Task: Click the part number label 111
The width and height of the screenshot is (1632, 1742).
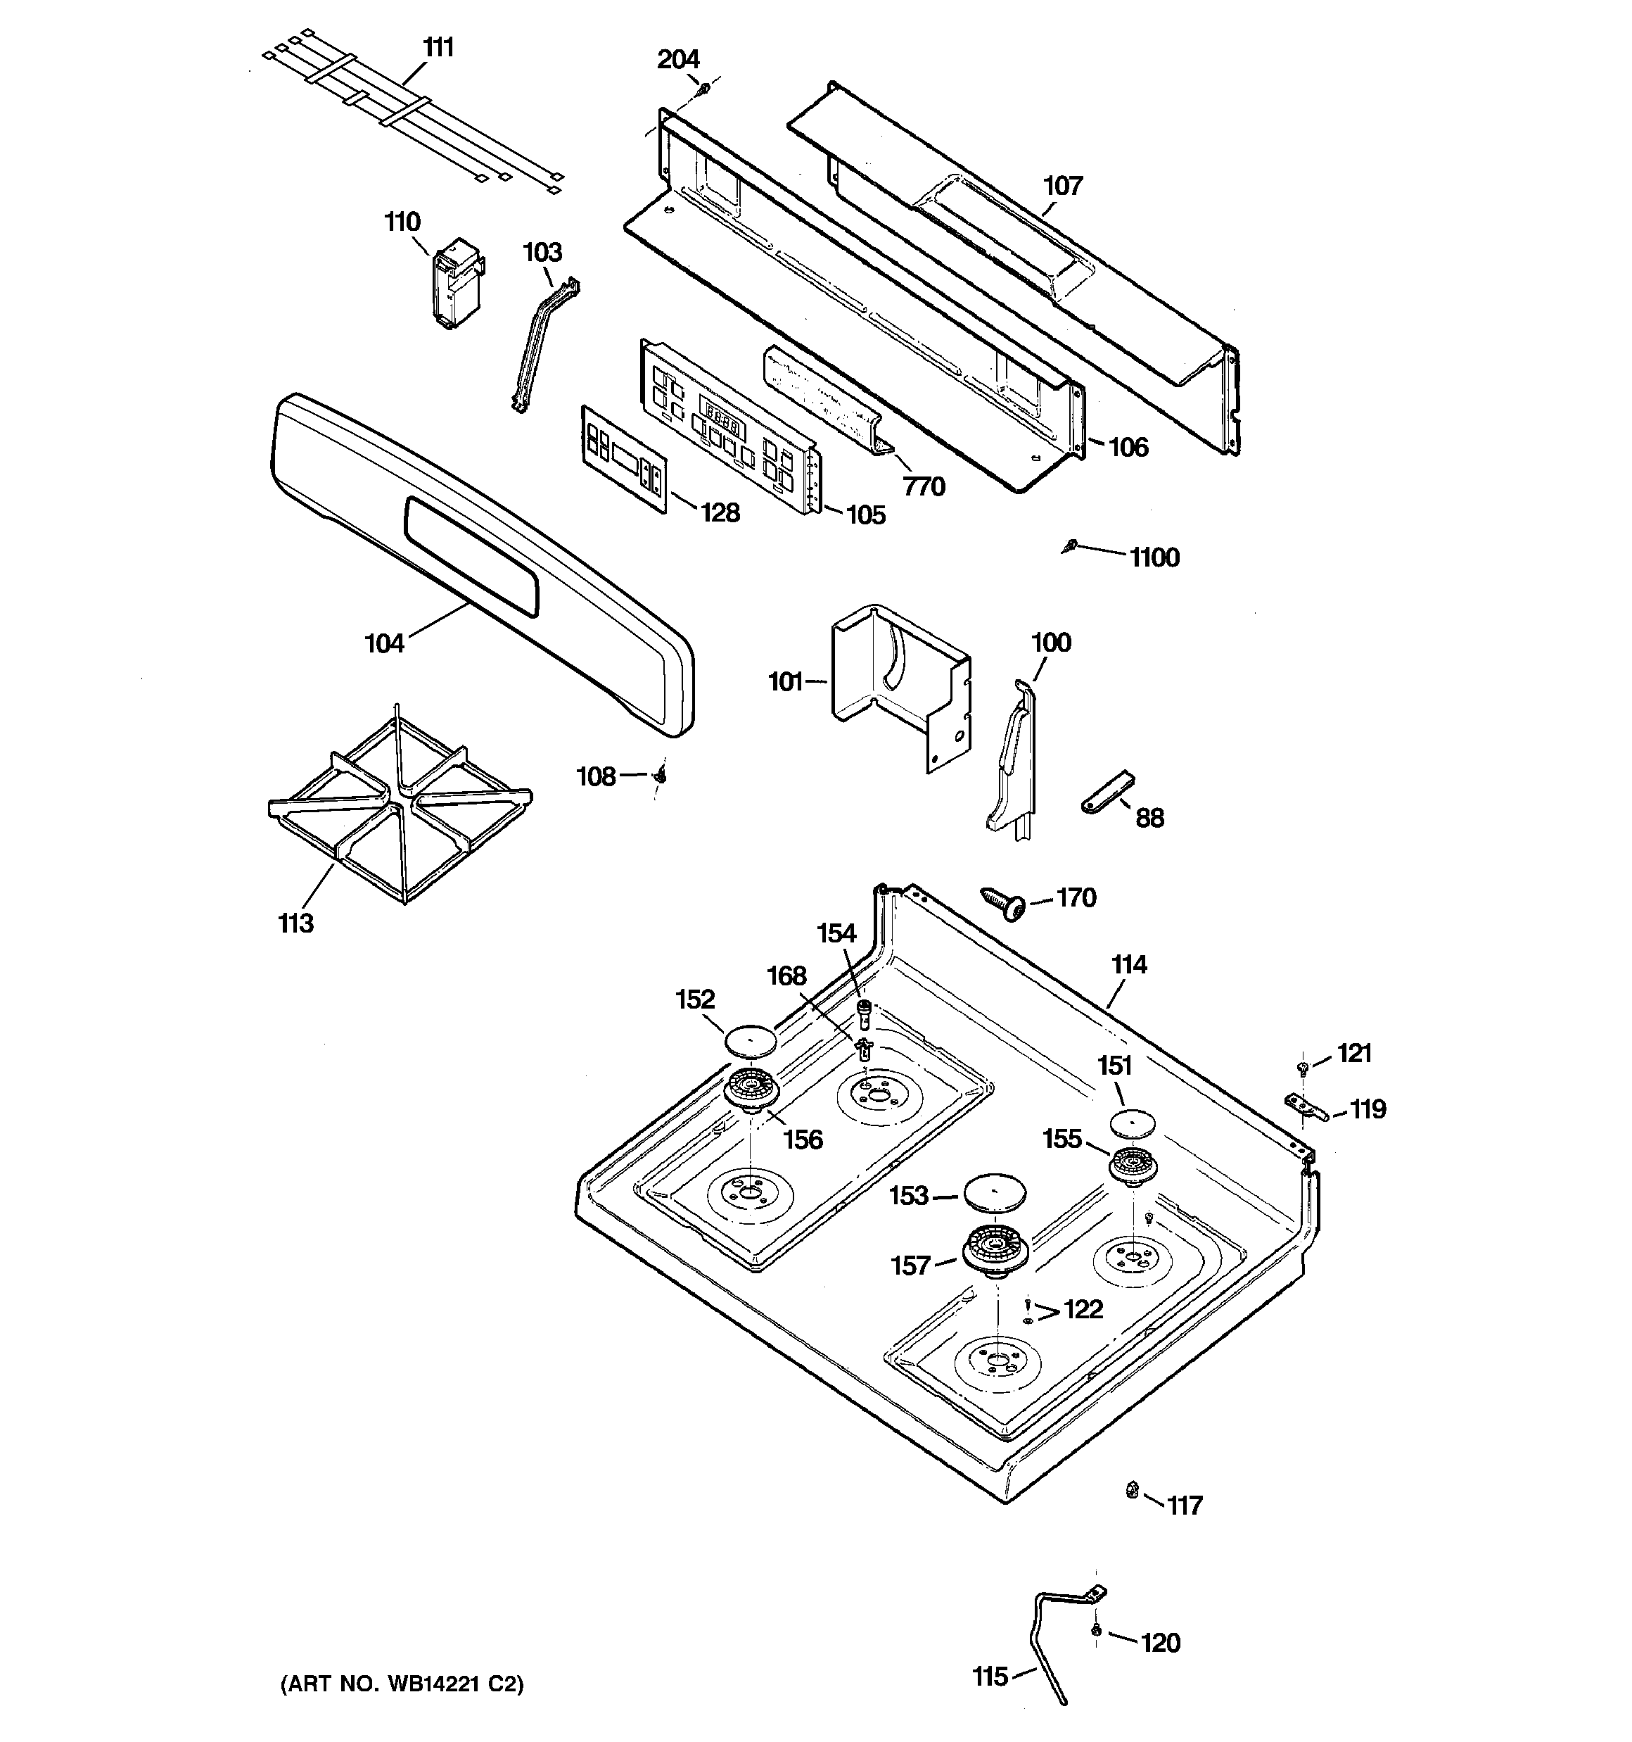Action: pos(438,47)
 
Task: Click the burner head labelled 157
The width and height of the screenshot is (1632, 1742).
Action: pos(995,1248)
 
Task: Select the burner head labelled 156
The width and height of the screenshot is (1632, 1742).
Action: pos(751,1091)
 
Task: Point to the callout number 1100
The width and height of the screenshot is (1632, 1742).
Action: pos(1154,557)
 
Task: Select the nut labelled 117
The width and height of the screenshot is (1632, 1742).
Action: pos(1132,1489)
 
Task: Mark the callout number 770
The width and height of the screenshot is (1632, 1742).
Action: pos(924,486)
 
